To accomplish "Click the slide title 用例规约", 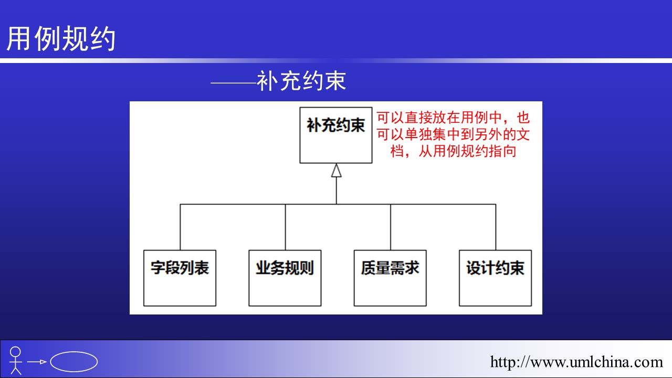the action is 61,38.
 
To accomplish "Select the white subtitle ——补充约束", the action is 278,81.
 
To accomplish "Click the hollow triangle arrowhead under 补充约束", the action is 337,171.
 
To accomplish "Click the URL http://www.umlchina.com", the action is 576,362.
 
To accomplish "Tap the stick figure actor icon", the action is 16,360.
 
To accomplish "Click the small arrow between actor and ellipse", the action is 37,362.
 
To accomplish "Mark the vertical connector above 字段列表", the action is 180,227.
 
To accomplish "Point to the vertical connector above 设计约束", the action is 496,227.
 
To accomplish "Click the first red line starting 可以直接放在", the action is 453,118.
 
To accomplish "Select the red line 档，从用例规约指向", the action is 453,151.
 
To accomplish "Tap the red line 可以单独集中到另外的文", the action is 453,134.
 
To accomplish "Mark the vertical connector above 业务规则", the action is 285,227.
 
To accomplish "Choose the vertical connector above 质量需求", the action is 391,227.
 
